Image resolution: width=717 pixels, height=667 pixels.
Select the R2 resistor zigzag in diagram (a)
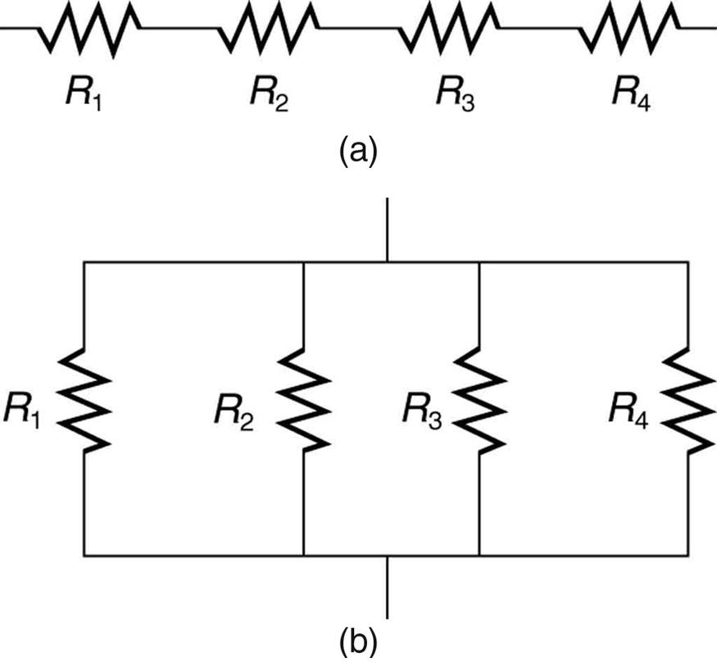click(x=269, y=29)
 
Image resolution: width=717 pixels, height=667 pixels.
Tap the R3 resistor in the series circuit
click(x=450, y=29)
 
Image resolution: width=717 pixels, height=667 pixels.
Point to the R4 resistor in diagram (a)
click(x=629, y=29)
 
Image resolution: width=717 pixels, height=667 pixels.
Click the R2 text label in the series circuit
click(x=268, y=97)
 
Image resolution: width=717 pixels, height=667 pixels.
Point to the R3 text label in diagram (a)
click(x=454, y=97)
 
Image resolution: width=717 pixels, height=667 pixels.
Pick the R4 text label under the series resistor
click(x=632, y=97)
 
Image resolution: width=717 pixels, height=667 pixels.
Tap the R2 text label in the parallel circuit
click(x=234, y=410)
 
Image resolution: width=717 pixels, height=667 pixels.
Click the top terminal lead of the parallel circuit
click(x=387, y=229)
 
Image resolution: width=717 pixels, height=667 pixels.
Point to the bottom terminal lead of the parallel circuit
click(x=387, y=587)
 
